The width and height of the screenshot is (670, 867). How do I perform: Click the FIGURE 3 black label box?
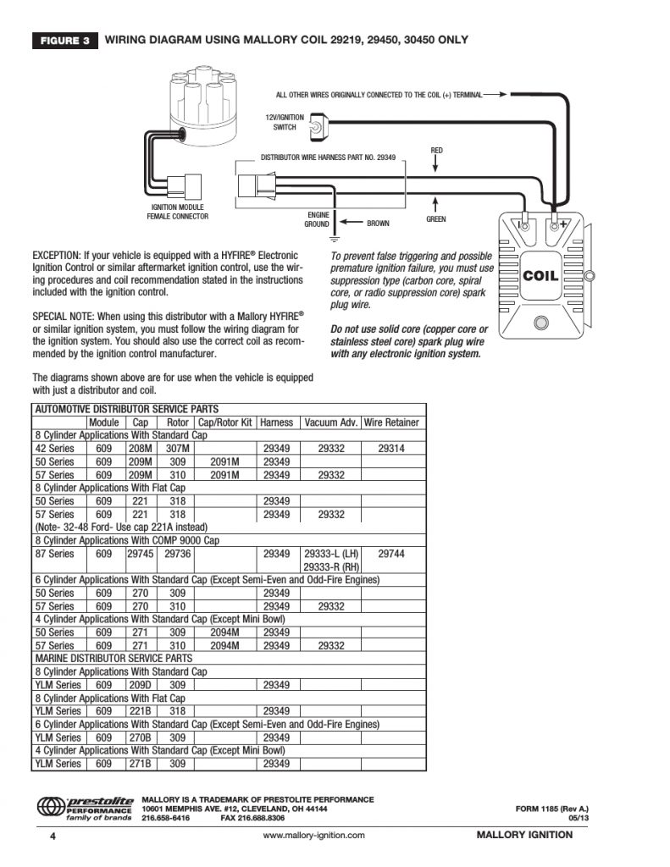pos(64,40)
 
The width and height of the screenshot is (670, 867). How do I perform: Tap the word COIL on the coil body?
pos(540,275)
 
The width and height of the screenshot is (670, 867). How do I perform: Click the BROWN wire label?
pos(378,224)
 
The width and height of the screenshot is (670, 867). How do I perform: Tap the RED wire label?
pos(437,151)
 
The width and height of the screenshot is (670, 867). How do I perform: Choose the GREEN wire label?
pos(435,219)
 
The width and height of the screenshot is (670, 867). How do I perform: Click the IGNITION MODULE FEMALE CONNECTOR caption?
pos(177,212)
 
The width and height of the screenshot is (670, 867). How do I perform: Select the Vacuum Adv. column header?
pos(331,422)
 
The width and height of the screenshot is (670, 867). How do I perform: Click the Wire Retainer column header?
pos(391,422)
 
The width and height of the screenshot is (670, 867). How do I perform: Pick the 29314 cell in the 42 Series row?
pos(391,449)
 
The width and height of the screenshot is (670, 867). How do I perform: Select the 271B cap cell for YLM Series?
pos(141,764)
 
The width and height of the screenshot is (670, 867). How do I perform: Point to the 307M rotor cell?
pos(177,449)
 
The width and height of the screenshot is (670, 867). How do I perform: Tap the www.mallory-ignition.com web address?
pos(314,835)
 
